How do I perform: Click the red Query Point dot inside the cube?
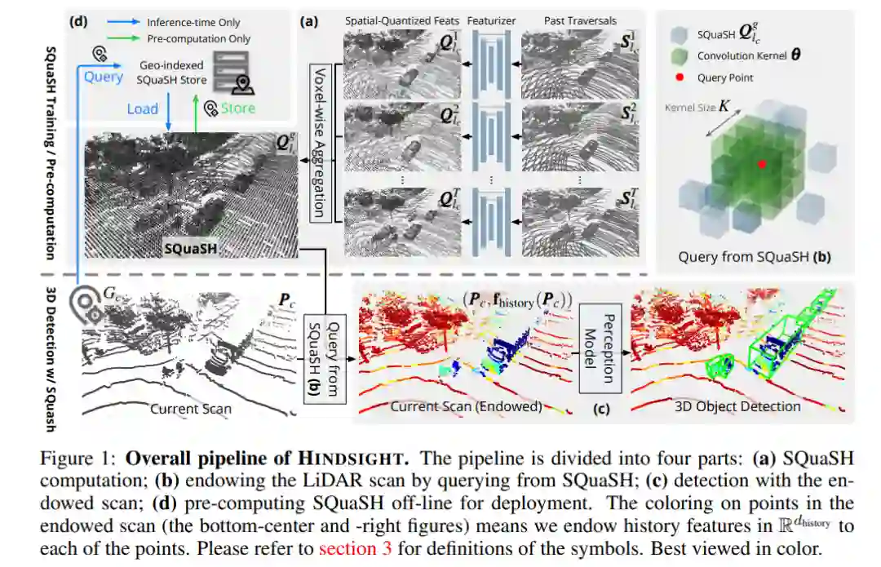(762, 164)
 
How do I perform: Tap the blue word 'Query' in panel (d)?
(104, 77)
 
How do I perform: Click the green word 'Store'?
(238, 108)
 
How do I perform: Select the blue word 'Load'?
(142, 109)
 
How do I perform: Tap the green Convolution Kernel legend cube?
(678, 55)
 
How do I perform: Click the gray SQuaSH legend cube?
(678, 35)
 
